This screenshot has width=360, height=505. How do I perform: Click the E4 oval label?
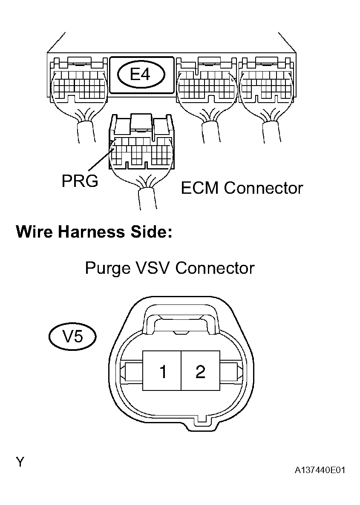(x=141, y=75)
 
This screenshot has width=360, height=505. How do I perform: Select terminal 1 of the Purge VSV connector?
(x=162, y=371)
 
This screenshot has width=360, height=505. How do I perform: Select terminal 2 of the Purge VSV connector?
(x=200, y=371)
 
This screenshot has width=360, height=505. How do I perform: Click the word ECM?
(x=200, y=188)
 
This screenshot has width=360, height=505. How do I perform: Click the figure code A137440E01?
(x=319, y=471)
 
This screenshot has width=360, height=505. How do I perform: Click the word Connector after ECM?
(x=263, y=188)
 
